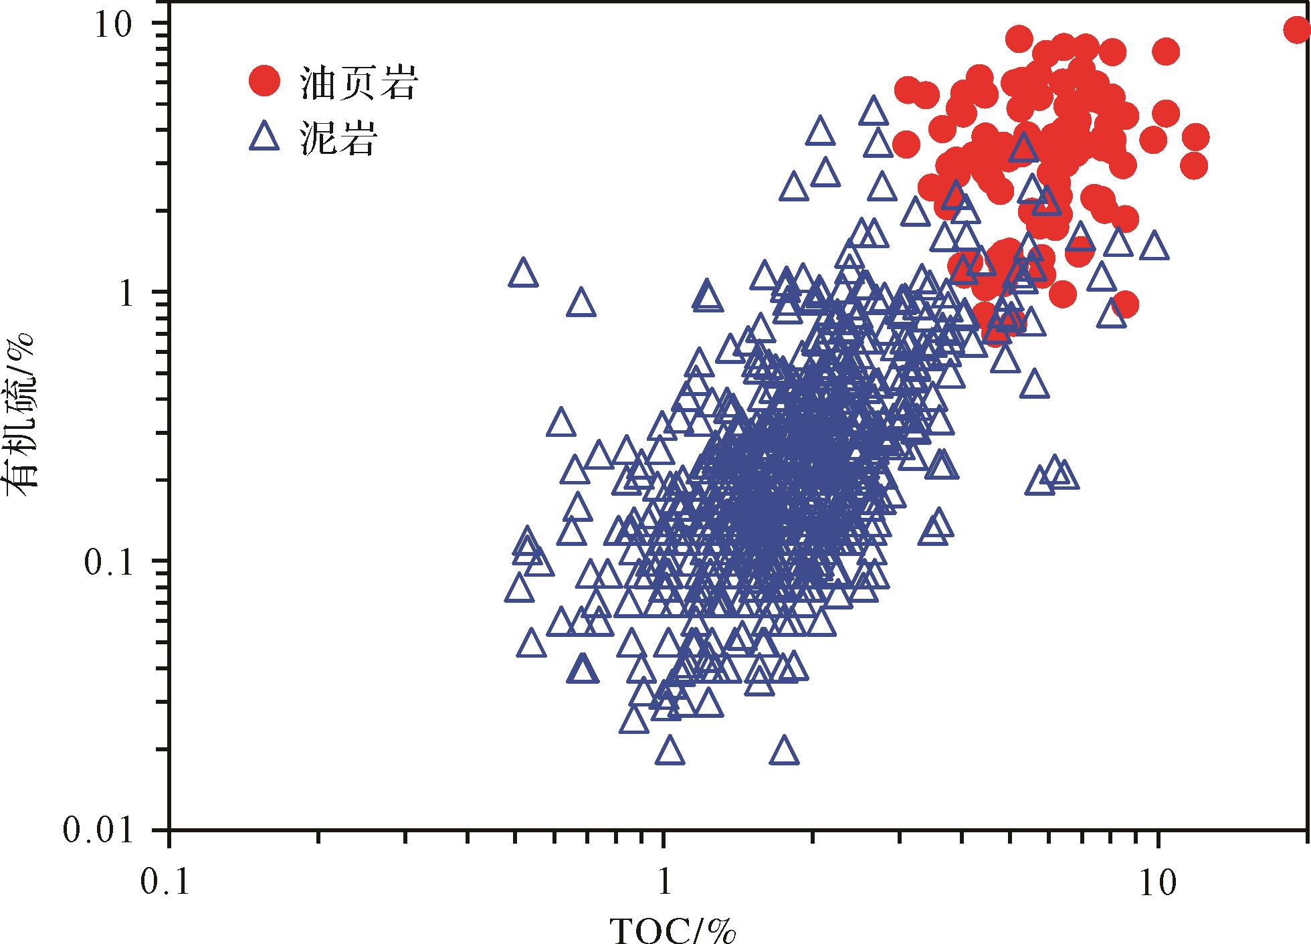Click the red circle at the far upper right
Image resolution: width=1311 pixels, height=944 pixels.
(x=1296, y=29)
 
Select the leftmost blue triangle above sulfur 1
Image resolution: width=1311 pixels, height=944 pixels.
(x=523, y=273)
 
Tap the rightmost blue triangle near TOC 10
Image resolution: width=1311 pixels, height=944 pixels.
(x=1154, y=246)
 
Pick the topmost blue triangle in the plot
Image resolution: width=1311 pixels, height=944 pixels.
(x=874, y=110)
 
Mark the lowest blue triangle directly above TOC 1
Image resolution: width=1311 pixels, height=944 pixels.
(x=670, y=751)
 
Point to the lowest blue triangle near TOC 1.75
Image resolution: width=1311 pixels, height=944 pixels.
(x=785, y=751)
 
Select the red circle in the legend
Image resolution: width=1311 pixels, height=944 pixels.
(x=264, y=80)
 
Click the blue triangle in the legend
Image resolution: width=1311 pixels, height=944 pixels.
(x=264, y=138)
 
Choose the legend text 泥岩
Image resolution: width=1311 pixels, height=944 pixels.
(x=339, y=139)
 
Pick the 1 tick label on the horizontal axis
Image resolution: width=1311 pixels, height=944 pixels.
(x=664, y=882)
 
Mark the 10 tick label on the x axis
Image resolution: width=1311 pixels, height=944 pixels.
(x=1158, y=882)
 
